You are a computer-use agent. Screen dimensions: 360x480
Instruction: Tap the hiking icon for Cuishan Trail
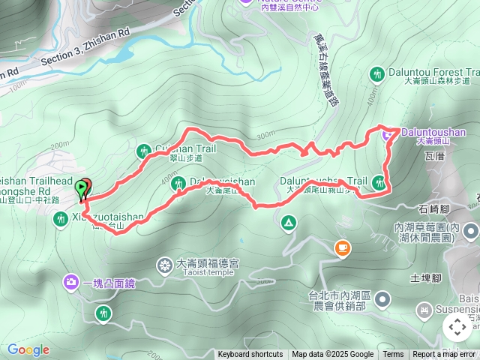(144, 151)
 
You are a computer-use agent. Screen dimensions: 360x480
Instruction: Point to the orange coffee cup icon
(342, 247)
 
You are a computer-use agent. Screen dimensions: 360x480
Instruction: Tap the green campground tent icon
(288, 223)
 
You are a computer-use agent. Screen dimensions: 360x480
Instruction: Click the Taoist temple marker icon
(164, 265)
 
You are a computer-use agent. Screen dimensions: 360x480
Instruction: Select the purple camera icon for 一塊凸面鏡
(71, 282)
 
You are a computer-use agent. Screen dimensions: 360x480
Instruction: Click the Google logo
(28, 349)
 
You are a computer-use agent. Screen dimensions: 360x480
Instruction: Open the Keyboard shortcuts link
(250, 355)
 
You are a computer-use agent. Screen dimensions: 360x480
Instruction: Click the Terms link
(393, 355)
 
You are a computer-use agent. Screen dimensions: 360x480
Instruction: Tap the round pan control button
(457, 327)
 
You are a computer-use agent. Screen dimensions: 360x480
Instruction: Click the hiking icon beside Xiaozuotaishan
(61, 219)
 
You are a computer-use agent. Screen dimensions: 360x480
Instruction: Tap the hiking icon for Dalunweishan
(178, 183)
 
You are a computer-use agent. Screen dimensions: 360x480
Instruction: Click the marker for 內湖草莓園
(470, 231)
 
